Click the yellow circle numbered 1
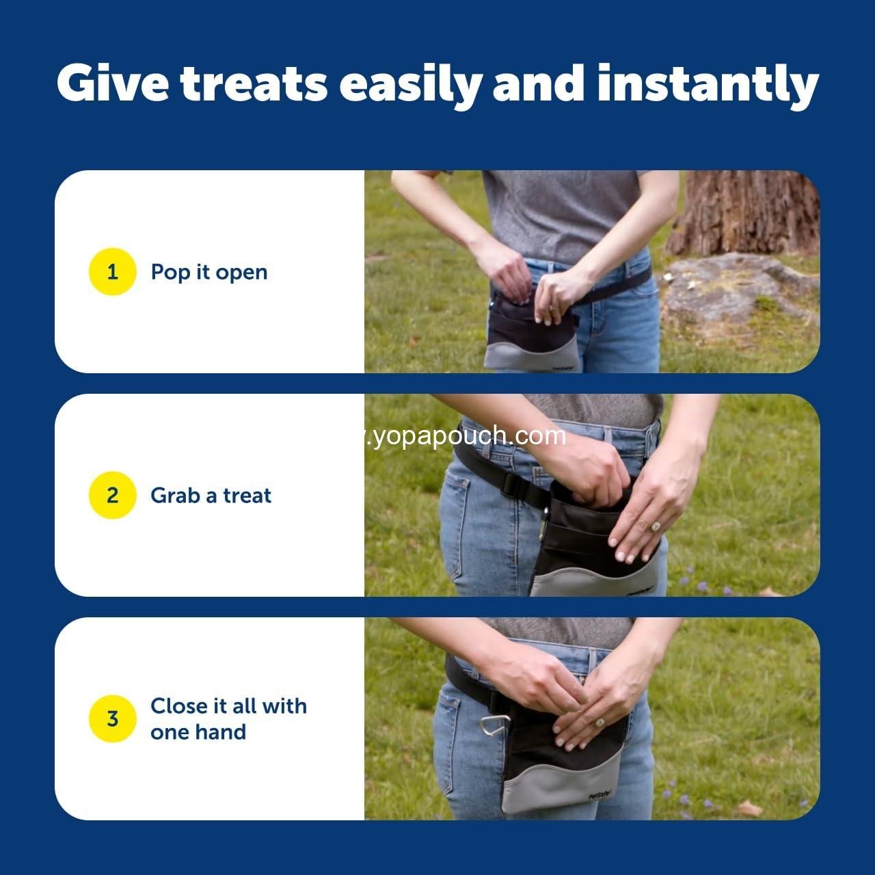[x=113, y=272]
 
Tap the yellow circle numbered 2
[x=113, y=495]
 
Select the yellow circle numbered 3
[x=113, y=718]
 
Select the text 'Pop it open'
[x=209, y=272]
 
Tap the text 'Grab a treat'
[x=211, y=495]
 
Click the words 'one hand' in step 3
[x=198, y=732]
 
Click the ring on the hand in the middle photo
[x=655, y=526]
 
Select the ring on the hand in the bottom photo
[x=600, y=722]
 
